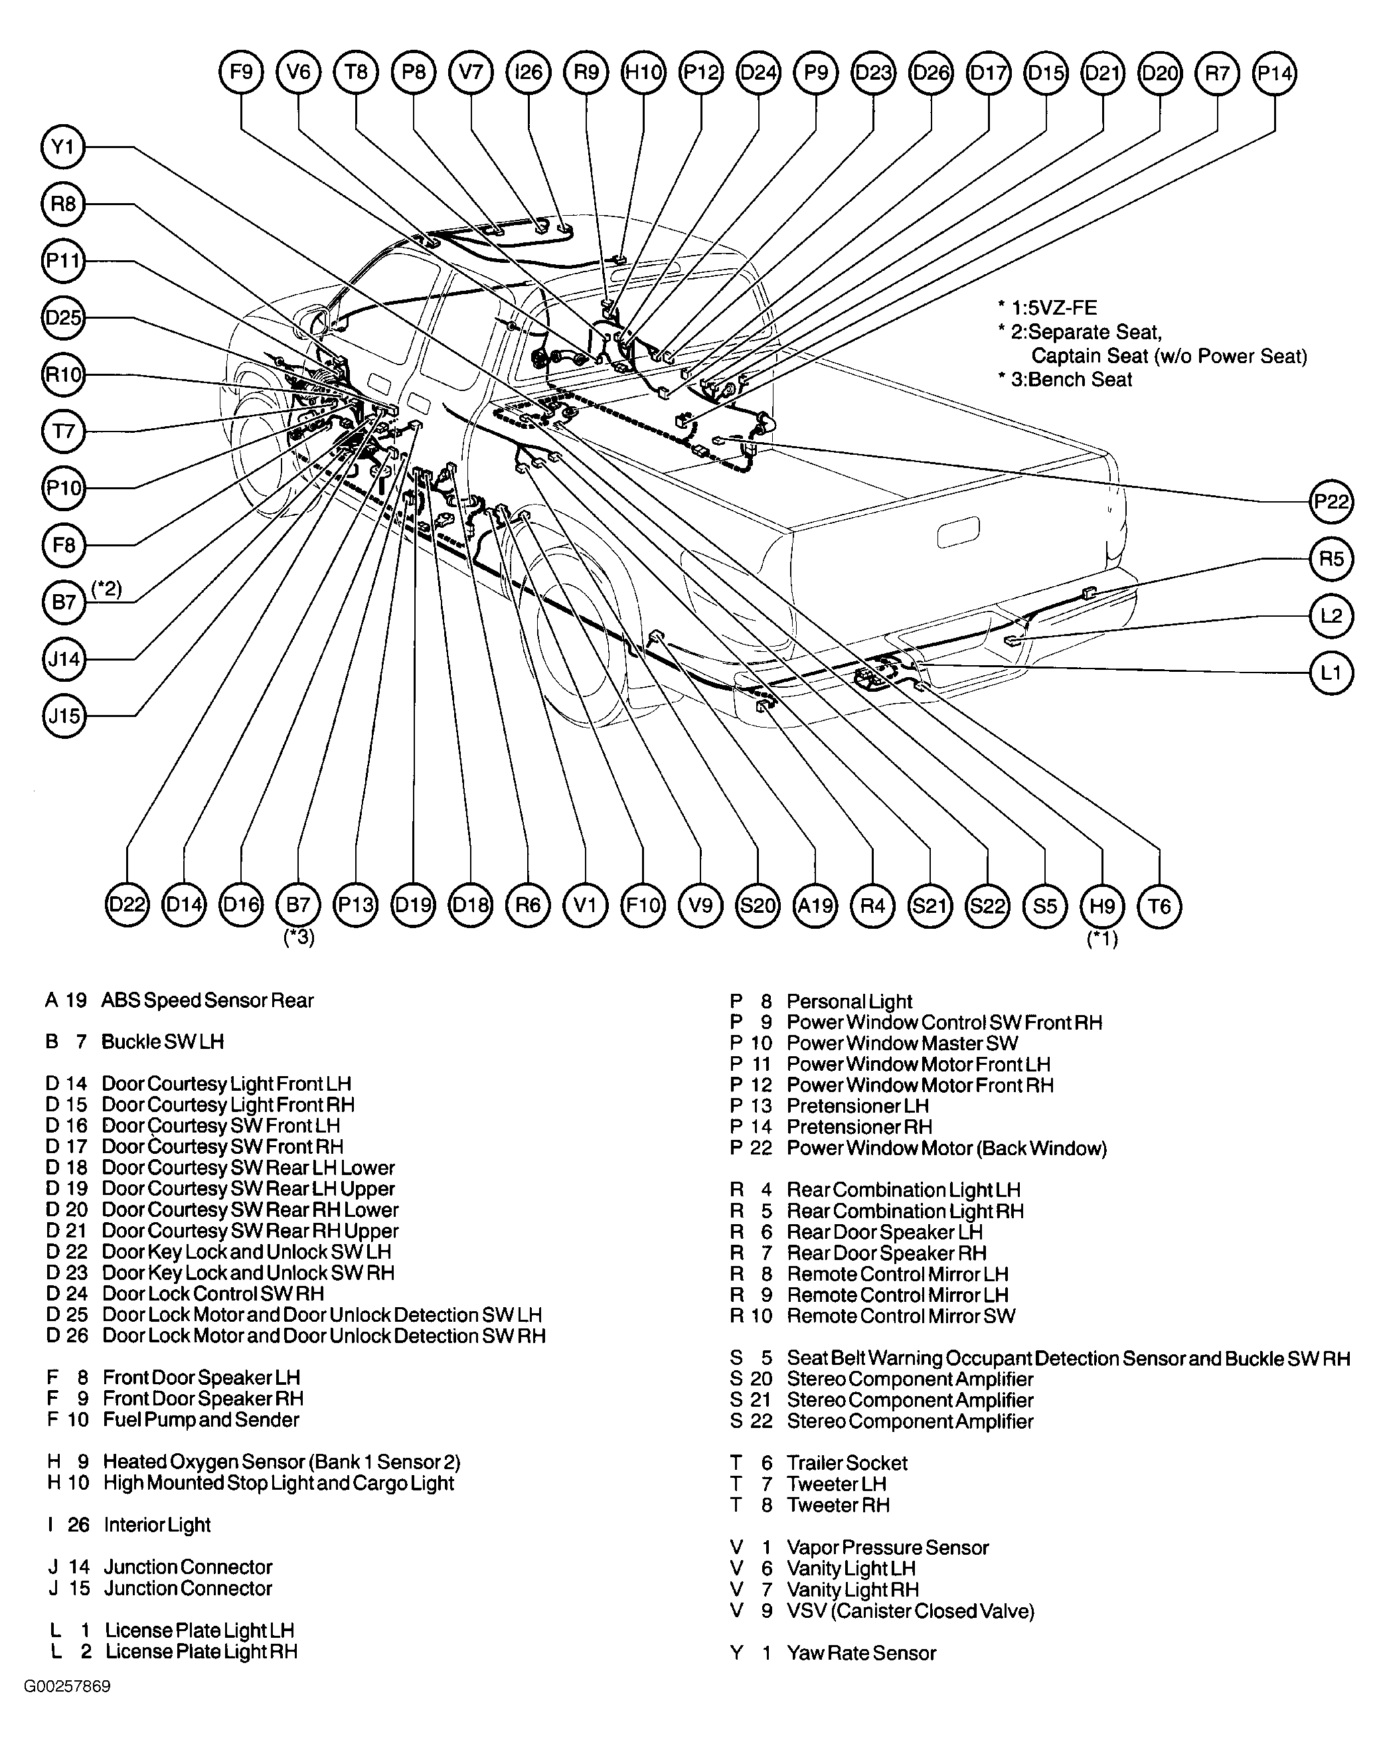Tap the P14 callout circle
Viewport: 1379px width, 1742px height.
[1274, 72]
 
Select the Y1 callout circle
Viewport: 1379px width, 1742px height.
[63, 147]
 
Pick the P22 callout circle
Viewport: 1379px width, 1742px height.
[1331, 501]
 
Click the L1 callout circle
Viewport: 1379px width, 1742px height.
[1331, 673]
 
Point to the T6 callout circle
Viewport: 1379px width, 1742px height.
[1159, 906]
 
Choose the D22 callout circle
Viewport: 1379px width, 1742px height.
[127, 906]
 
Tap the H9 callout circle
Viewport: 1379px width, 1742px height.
[1102, 906]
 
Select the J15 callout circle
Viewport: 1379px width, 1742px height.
[63, 716]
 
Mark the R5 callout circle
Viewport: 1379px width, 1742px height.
[1331, 558]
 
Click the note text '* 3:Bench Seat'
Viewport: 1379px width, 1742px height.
[1065, 379]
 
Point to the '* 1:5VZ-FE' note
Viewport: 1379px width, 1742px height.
[1047, 307]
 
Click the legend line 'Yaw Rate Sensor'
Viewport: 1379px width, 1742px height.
[860, 1652]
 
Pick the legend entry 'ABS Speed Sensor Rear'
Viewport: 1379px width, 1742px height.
[206, 1000]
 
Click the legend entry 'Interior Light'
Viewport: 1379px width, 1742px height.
[157, 1525]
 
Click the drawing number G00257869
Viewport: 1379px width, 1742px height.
[67, 1686]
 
